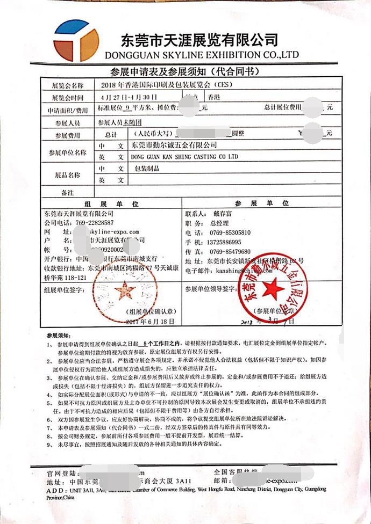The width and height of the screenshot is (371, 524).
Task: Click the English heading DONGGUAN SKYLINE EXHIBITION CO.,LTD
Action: tap(202, 55)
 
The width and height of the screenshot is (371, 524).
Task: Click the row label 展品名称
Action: tap(67, 175)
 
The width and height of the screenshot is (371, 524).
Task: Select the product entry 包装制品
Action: tap(149, 169)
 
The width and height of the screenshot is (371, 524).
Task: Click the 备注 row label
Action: tap(67, 192)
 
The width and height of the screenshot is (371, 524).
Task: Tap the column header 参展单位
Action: tap(262, 203)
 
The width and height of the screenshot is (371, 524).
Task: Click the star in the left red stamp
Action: tap(125, 290)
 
